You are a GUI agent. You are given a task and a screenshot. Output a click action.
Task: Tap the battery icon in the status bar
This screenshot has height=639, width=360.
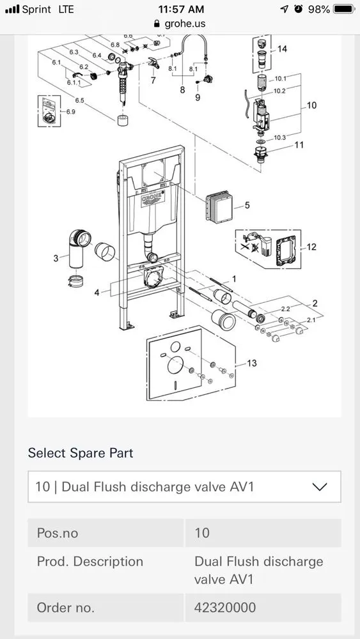click(x=345, y=9)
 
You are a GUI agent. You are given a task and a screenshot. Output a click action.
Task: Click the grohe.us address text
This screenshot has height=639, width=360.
click(x=185, y=24)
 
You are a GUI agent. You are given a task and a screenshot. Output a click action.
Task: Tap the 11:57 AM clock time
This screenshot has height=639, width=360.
click(x=182, y=9)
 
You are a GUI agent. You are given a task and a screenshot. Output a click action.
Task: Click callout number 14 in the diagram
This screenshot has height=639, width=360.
click(x=282, y=49)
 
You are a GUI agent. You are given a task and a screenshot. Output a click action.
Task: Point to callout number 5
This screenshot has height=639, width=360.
click(x=247, y=205)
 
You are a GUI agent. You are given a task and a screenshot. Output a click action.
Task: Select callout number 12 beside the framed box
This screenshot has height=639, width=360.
click(x=311, y=247)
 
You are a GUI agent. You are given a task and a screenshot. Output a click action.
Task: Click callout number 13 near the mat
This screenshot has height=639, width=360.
click(x=252, y=363)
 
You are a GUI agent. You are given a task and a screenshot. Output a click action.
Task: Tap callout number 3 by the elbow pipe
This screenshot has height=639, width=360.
click(x=56, y=258)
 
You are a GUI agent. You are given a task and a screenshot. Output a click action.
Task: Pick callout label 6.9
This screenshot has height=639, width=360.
click(x=70, y=112)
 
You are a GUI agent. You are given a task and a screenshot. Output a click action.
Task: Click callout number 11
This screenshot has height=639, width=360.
click(x=299, y=144)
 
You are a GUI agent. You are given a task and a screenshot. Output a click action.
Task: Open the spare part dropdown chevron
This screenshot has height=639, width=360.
click(x=320, y=486)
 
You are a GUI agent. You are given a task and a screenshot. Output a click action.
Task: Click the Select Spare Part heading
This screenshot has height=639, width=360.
click(x=81, y=453)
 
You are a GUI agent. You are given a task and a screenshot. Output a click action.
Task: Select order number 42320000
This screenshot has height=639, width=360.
click(x=225, y=608)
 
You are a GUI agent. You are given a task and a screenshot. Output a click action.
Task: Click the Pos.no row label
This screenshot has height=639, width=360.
click(x=58, y=533)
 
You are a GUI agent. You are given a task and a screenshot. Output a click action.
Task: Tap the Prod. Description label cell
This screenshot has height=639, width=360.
click(x=90, y=562)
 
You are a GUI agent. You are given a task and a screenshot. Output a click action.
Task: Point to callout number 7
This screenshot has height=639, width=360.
click(x=153, y=81)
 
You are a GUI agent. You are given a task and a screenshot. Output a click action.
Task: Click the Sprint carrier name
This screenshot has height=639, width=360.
click(x=36, y=9)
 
